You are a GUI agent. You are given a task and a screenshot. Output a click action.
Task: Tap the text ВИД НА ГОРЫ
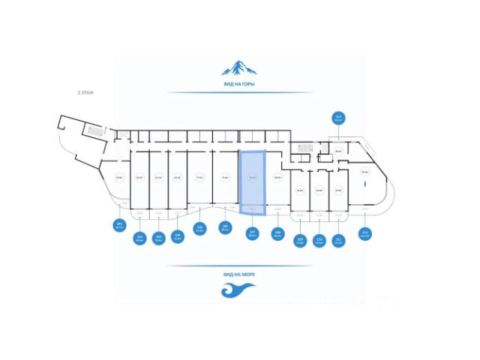pos(238,84)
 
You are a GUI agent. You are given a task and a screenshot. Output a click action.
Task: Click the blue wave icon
pos(238,289)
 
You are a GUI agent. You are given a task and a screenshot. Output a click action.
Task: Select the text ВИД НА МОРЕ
pos(238,274)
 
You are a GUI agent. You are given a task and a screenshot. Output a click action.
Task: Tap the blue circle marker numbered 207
pos(253,232)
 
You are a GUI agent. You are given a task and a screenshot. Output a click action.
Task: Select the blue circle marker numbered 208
pos(277,232)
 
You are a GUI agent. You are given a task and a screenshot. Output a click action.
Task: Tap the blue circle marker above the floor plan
pos(338,118)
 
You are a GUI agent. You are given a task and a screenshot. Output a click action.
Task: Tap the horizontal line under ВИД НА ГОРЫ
pos(238,93)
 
